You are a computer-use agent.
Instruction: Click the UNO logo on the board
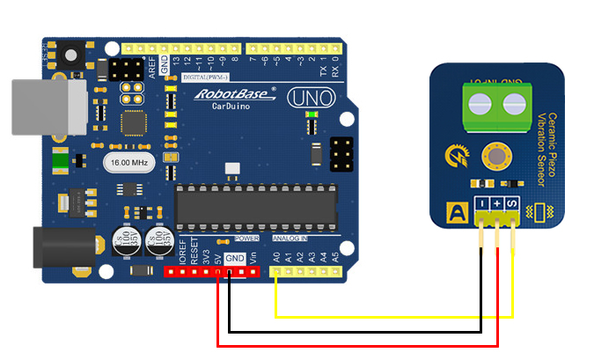tap(312, 97)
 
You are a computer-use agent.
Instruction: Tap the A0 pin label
tap(276, 258)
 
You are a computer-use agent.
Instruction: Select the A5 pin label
tap(335, 258)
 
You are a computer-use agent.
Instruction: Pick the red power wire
tap(352, 346)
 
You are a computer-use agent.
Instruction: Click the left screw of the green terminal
tap(480, 105)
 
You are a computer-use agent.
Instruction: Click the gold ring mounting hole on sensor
tap(496, 158)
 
